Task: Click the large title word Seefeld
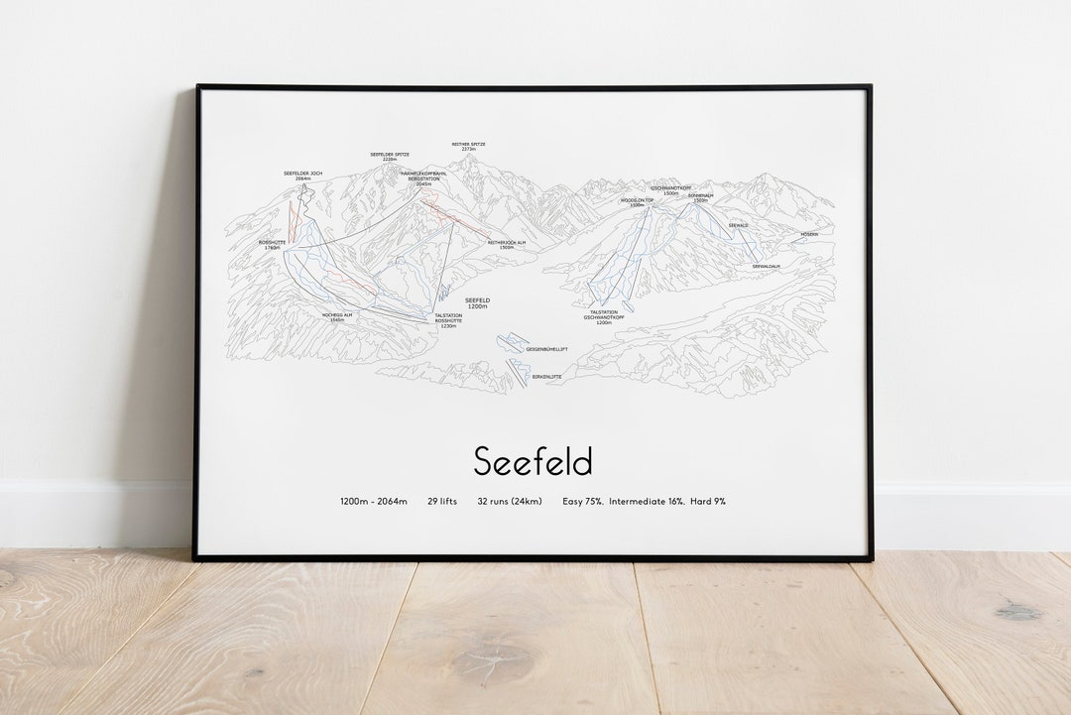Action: [x=533, y=461]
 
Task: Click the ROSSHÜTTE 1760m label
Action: [x=272, y=244]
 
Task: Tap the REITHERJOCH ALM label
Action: [x=507, y=244]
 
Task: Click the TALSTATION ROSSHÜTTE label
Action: [x=448, y=320]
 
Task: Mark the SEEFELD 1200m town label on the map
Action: [x=478, y=303]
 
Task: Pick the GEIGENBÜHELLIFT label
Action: [x=546, y=349]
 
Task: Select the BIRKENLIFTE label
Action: [x=546, y=377]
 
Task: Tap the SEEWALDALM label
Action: [x=766, y=266]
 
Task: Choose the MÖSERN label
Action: [x=810, y=235]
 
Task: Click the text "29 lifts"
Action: [x=442, y=502]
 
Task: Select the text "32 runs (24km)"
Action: [x=510, y=502]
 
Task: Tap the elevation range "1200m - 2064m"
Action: [x=374, y=502]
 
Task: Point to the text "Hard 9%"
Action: [x=708, y=502]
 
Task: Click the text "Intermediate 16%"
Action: [x=647, y=502]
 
